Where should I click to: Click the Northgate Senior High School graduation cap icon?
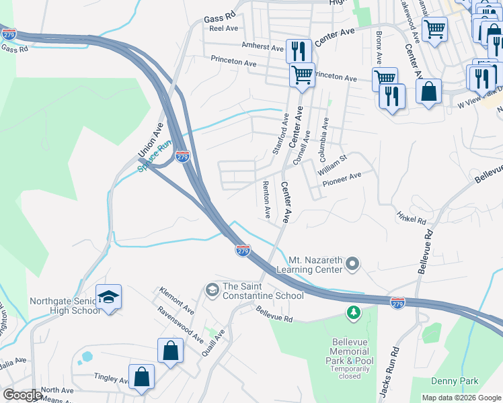108,297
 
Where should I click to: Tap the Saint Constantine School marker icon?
211,289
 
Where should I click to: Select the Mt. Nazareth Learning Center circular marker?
354,263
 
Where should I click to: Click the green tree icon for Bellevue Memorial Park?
353,312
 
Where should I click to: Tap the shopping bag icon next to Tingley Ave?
142,377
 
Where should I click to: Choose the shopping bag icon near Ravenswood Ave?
170,350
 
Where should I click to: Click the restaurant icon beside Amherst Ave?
297,51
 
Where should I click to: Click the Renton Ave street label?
266,199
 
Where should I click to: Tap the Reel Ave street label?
225,29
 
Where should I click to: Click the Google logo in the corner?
22,395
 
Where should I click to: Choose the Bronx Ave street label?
379,46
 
